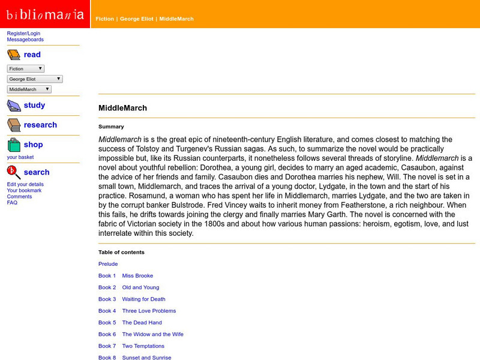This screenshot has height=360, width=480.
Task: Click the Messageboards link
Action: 25,40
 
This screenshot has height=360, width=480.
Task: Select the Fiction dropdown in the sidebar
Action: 25,69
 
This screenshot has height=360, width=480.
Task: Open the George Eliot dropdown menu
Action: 35,79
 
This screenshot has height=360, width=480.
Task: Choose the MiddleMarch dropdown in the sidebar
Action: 29,89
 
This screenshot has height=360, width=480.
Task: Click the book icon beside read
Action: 14,55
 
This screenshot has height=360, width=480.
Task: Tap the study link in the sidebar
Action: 34,105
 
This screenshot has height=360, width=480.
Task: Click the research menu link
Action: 40,125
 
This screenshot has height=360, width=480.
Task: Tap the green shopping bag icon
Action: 14,145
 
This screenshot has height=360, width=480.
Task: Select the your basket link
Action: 20,157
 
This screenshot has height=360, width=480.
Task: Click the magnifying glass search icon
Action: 14,173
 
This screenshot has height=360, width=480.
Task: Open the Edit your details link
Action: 25,184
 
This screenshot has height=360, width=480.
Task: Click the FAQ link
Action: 12,203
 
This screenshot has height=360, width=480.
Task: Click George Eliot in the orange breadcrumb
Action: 137,19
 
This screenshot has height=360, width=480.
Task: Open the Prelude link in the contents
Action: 108,264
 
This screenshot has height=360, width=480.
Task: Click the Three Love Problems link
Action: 149,311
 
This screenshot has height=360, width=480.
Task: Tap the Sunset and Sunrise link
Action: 146,358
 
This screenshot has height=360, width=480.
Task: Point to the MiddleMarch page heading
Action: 122,108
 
